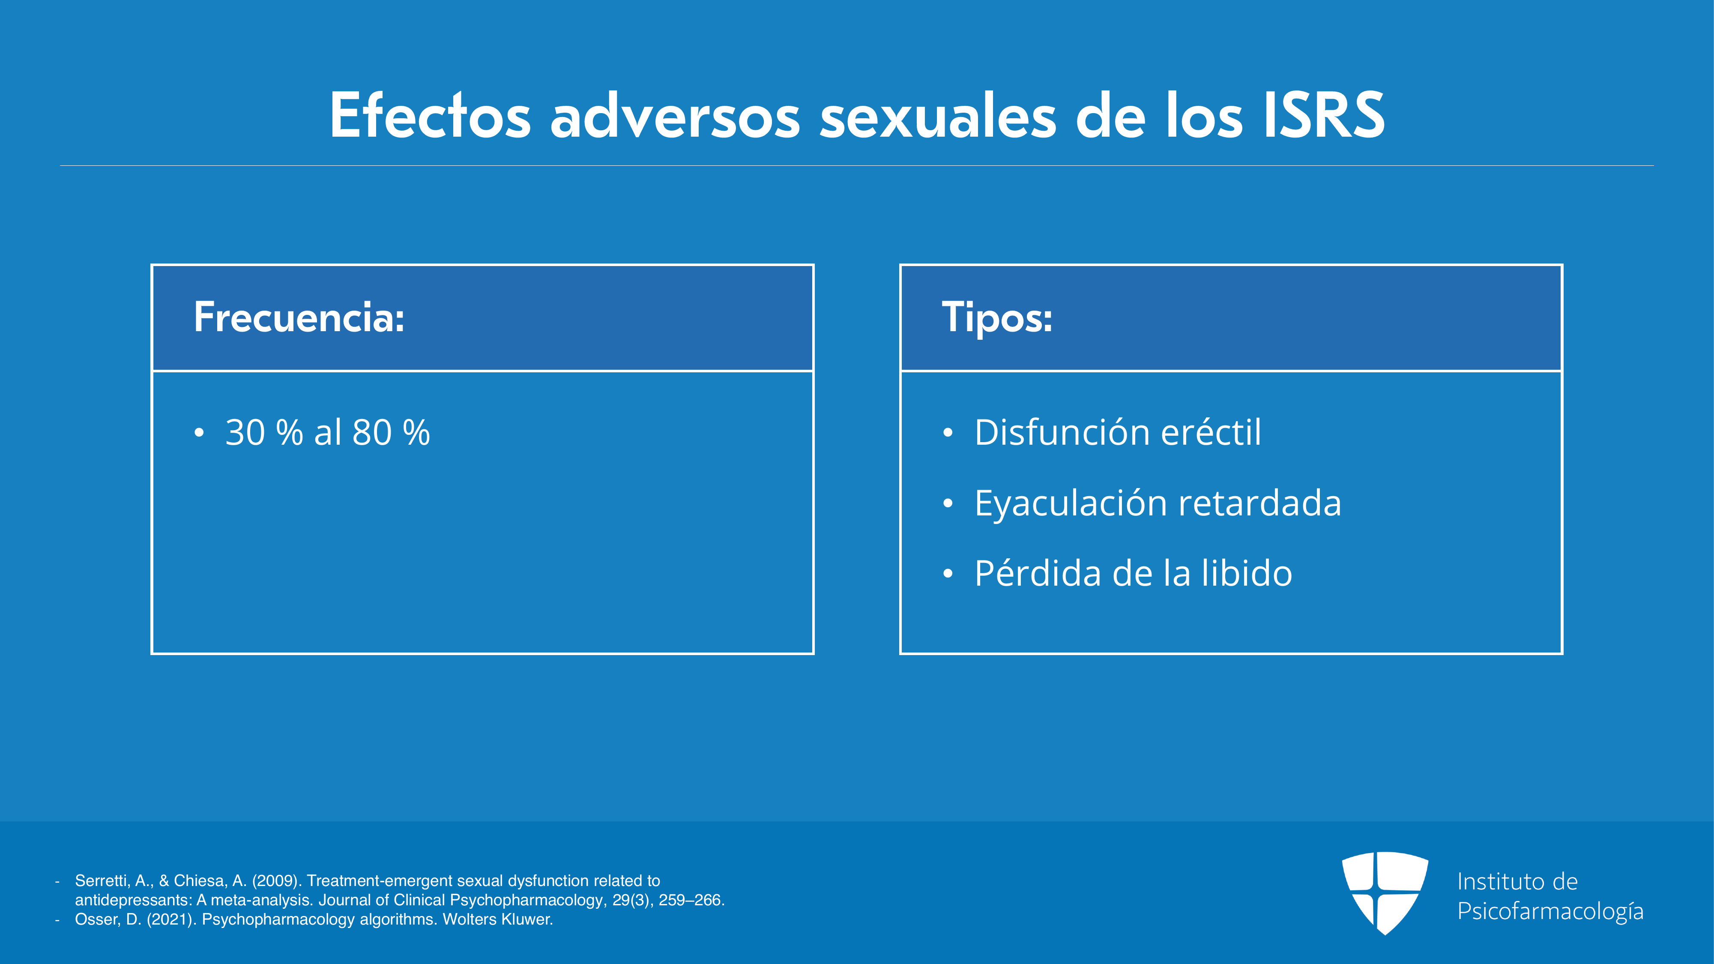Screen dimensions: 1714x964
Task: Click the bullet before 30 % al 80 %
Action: pyautogui.click(x=198, y=433)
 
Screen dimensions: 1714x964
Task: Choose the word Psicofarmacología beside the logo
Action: pyautogui.click(x=1550, y=911)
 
